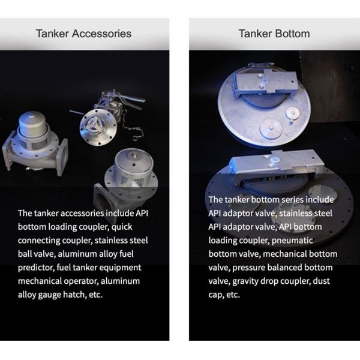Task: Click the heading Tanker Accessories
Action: tap(83, 34)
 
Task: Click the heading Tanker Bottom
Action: tap(274, 34)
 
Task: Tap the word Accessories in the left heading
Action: tap(102, 34)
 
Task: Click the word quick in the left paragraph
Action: tap(122, 227)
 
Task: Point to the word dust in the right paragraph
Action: tap(321, 281)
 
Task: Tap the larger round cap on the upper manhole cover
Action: tap(271, 128)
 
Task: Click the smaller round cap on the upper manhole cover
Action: tap(293, 113)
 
